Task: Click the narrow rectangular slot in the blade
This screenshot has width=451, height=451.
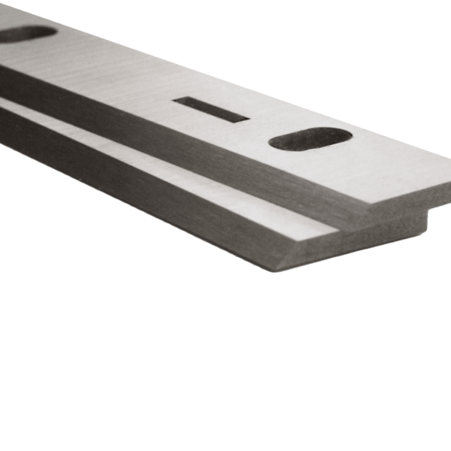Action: [211, 109]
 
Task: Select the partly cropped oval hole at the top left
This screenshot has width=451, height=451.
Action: [29, 33]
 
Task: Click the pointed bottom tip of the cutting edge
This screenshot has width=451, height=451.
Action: [275, 270]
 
